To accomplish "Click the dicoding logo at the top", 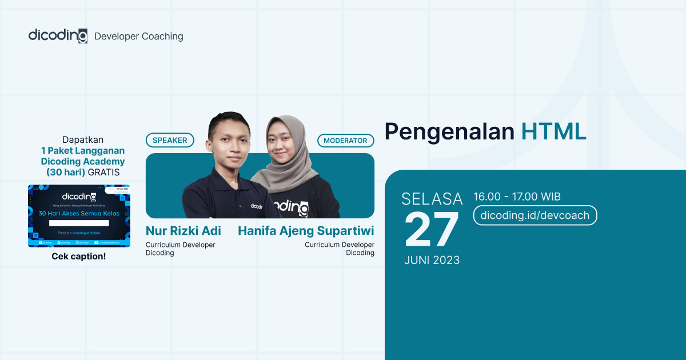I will pos(58,35).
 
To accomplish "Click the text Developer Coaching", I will pos(138,36).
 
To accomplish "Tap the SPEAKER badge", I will pos(170,140).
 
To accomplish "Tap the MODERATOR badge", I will pos(346,141).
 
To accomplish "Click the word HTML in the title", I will pos(553,131).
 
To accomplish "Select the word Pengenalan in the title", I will pos(449,131).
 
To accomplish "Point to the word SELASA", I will pos(432,199).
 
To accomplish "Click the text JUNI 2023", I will pos(432,260).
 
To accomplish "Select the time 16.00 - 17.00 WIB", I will pos(517,197).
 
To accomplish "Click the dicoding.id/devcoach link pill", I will pos(535,215).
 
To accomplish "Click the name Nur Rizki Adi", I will pos(183,231).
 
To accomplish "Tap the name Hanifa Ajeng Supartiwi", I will pos(306,231).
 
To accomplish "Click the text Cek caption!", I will pos(79,256).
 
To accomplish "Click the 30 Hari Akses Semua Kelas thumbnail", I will pos(79,215).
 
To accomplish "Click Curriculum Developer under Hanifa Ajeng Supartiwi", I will pos(339,245).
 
